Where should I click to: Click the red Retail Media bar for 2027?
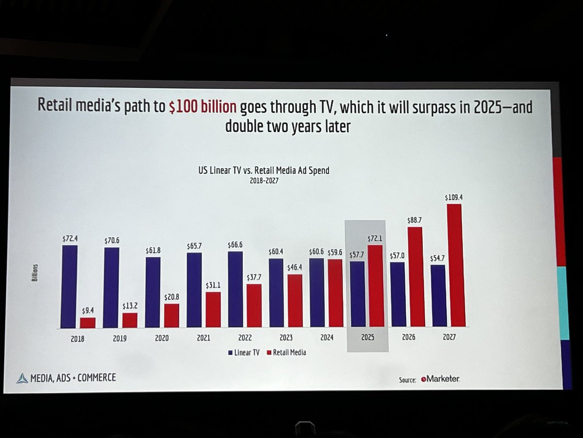pos(455,265)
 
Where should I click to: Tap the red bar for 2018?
pos(87,322)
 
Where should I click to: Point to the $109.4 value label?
pos(454,198)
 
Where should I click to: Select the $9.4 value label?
pos(88,311)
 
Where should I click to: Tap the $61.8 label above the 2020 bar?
pos(154,250)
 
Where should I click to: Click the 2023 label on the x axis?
pos(286,337)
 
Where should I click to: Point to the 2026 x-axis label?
pos(409,337)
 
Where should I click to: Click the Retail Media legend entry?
pos(287,352)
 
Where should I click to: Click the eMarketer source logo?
pos(440,379)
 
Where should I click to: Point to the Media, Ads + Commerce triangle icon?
pos(22,378)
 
